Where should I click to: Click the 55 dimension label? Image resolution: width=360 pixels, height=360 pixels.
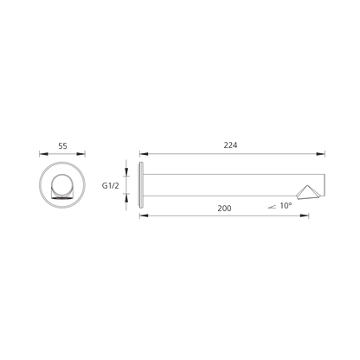[x=62, y=146]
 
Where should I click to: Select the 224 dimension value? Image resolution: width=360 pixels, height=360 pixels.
[x=230, y=145]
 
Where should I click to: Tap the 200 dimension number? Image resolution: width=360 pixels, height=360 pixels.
[x=224, y=208]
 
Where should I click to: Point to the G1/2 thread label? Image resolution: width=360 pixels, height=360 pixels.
[x=110, y=185]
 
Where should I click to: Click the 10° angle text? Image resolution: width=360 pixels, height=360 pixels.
[x=286, y=206]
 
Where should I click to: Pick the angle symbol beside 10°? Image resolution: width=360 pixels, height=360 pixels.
[x=272, y=207]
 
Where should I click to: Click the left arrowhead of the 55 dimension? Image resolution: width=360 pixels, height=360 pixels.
[x=43, y=154]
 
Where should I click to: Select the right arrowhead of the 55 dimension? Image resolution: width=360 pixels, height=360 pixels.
[x=81, y=154]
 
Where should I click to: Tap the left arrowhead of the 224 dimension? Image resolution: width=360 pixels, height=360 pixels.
[x=144, y=154]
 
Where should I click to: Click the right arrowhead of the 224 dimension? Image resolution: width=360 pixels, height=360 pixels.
[x=321, y=154]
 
